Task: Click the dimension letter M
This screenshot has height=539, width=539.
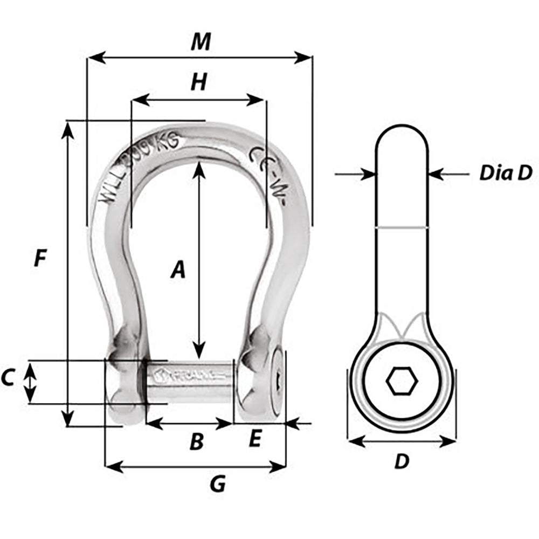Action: [x=201, y=42]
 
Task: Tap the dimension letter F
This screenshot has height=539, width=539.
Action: [x=39, y=259]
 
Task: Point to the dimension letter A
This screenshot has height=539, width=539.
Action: [x=178, y=269]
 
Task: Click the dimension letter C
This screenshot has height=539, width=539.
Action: [x=8, y=379]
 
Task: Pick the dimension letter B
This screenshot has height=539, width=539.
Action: [x=197, y=442]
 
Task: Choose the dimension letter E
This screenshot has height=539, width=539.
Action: [x=255, y=440]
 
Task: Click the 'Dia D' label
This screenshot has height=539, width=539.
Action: [x=506, y=173]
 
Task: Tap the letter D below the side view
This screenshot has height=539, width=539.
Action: [x=402, y=461]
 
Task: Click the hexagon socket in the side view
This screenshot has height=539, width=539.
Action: [x=402, y=382]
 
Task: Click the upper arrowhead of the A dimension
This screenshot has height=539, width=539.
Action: [x=199, y=168]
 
